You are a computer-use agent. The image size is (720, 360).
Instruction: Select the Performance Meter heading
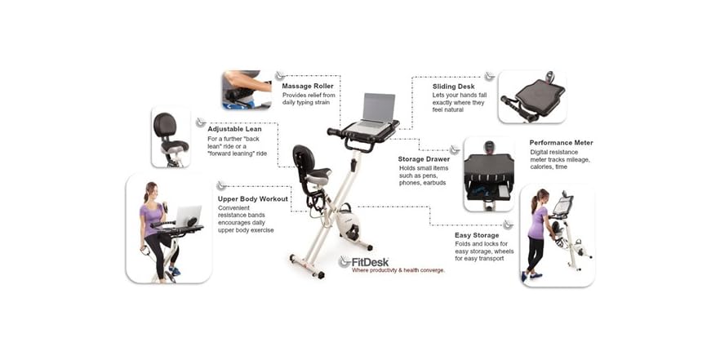point(561,143)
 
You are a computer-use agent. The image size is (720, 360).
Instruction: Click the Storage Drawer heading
point(424,159)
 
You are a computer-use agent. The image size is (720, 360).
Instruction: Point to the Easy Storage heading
point(477,235)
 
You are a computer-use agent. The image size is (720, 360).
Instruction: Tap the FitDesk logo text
point(371,262)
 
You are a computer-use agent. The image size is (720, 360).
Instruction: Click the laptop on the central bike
point(377,109)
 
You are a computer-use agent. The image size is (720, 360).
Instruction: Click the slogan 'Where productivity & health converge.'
point(398,270)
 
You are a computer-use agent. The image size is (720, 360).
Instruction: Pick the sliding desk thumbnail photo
point(531,97)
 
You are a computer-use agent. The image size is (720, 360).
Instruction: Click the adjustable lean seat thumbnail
point(171,136)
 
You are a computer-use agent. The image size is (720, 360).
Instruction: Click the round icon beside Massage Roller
point(280,76)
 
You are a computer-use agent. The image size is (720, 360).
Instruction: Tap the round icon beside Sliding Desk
point(489,76)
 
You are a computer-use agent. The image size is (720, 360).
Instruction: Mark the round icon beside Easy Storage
point(508,224)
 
